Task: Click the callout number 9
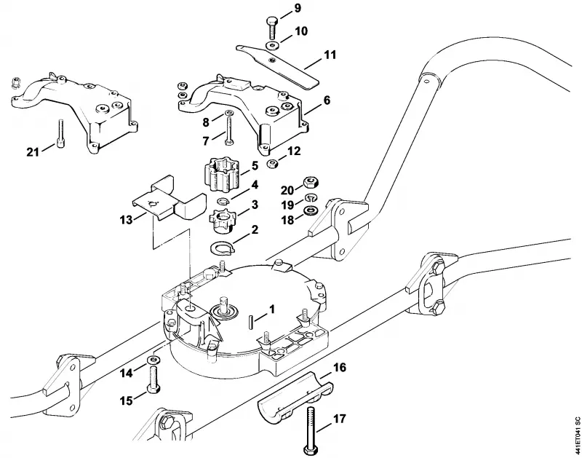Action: click(x=298, y=8)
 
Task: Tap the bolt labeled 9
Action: click(x=271, y=28)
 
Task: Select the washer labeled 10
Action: click(x=274, y=45)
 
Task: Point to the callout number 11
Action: click(x=330, y=55)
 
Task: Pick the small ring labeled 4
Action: click(x=223, y=201)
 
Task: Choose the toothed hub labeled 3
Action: click(x=223, y=221)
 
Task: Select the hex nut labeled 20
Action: click(x=311, y=182)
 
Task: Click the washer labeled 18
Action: click(x=311, y=210)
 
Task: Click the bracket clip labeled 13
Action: click(x=169, y=199)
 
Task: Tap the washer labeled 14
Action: click(x=154, y=359)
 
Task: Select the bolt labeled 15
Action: click(x=154, y=379)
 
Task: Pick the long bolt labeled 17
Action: click(x=311, y=430)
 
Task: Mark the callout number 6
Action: click(x=327, y=100)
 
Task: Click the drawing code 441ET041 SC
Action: click(x=576, y=435)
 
